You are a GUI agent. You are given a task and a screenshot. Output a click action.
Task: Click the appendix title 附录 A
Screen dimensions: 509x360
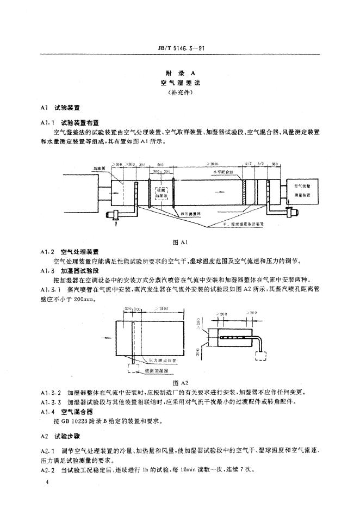click(x=179, y=72)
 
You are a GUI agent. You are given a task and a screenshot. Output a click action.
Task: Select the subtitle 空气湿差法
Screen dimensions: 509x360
click(x=179, y=82)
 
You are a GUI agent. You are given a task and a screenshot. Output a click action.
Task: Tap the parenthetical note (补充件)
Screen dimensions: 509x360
click(x=179, y=92)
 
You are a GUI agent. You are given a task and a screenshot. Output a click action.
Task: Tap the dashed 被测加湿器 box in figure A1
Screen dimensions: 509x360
click(x=163, y=194)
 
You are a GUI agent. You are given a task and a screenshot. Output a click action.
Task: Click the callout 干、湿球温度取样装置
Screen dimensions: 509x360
click(x=245, y=224)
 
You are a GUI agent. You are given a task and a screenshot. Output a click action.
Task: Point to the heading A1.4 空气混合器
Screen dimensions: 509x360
click(x=63, y=412)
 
